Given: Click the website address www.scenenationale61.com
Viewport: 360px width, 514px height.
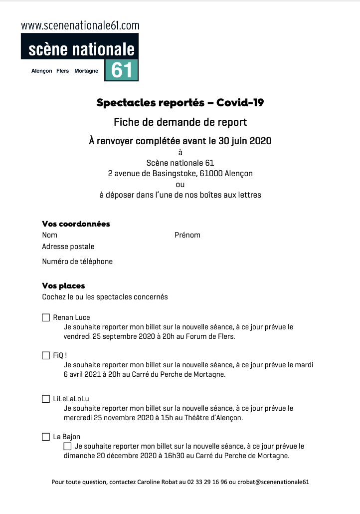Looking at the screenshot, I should click(80, 25).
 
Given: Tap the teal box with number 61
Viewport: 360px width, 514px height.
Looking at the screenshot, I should click(122, 70).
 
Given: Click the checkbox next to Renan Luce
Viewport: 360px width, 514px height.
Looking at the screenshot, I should click(46, 317).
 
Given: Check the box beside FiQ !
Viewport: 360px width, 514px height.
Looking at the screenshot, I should click(46, 356).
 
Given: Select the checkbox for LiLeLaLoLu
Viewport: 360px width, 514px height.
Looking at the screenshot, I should click(46, 399).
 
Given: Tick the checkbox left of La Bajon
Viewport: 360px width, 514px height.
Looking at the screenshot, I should click(46, 437).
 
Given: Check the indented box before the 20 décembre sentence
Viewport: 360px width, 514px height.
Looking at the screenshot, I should click(68, 446).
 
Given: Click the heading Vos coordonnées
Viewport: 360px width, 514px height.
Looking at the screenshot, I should click(76, 224).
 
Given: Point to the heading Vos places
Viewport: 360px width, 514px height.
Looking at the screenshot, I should click(63, 286).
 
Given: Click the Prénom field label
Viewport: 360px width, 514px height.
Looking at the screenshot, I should click(187, 235).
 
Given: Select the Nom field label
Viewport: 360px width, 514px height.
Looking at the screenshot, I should click(49, 235).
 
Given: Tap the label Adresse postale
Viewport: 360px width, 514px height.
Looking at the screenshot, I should click(68, 247).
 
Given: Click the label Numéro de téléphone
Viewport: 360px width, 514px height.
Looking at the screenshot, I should click(77, 261).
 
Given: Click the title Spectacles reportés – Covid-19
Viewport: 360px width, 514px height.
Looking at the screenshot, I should click(180, 103).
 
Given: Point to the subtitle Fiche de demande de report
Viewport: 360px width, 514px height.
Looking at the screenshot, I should click(180, 122).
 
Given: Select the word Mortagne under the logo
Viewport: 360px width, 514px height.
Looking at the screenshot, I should click(86, 71).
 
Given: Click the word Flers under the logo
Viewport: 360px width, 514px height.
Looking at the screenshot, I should click(63, 71).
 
